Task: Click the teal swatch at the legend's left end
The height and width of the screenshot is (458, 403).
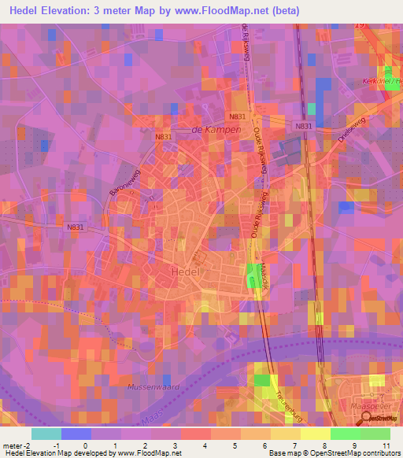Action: pyautogui.click(x=46, y=434)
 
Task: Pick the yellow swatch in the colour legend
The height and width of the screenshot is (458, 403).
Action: pyautogui.click(x=286, y=434)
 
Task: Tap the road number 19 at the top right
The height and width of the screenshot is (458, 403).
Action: pyautogui.click(x=360, y=26)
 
